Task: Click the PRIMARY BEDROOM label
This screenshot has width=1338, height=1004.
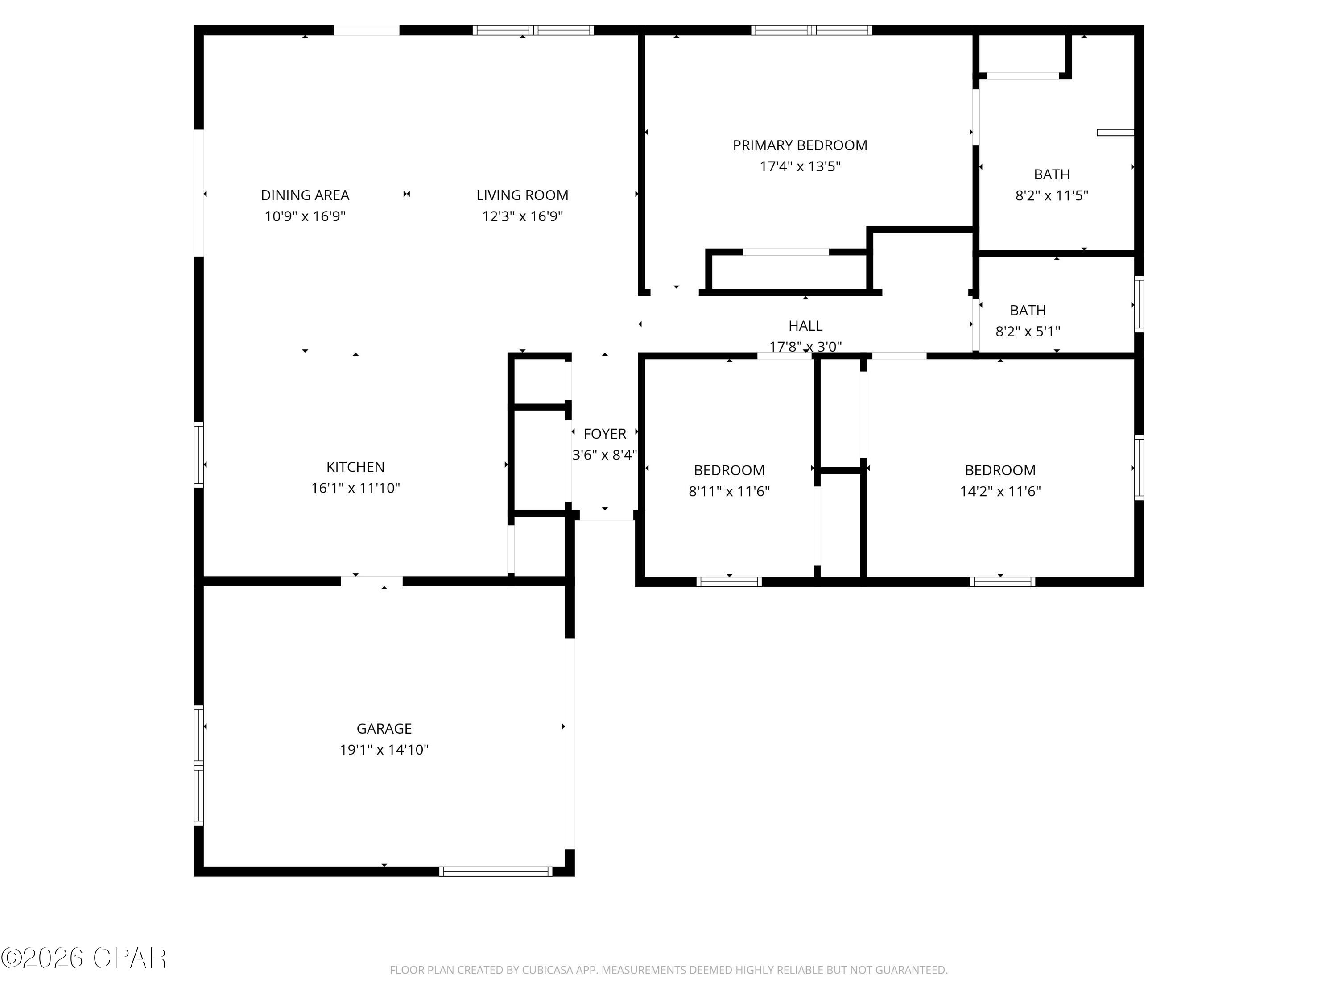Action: click(x=800, y=145)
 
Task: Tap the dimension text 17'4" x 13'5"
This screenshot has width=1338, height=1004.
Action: click(x=800, y=166)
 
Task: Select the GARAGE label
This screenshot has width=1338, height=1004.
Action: click(x=384, y=729)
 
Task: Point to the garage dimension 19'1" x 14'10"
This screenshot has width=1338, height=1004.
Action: click(x=384, y=750)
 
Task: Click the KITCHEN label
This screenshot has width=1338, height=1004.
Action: click(x=355, y=467)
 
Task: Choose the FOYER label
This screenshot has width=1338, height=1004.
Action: click(x=604, y=433)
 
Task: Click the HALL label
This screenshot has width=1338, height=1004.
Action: click(x=805, y=326)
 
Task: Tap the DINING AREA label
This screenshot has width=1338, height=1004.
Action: click(x=305, y=195)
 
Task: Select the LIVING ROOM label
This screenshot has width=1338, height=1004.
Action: click(x=522, y=195)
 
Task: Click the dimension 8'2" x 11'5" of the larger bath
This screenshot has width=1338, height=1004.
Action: click(x=1051, y=195)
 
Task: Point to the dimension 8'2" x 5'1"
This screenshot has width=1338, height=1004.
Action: click(x=1027, y=331)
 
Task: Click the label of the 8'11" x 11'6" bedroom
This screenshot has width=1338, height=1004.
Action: click(x=729, y=470)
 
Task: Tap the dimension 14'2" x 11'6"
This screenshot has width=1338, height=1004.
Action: click(x=1000, y=491)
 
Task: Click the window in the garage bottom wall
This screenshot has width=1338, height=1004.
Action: click(x=496, y=871)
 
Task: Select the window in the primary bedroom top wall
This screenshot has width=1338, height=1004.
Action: click(x=811, y=30)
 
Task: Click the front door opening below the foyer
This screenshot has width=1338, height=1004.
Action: click(x=606, y=515)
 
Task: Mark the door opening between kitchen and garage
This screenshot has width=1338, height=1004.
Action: click(x=372, y=581)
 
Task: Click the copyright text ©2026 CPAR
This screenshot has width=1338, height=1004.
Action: click(x=83, y=958)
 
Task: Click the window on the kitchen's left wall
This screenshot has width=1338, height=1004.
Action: click(x=198, y=455)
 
